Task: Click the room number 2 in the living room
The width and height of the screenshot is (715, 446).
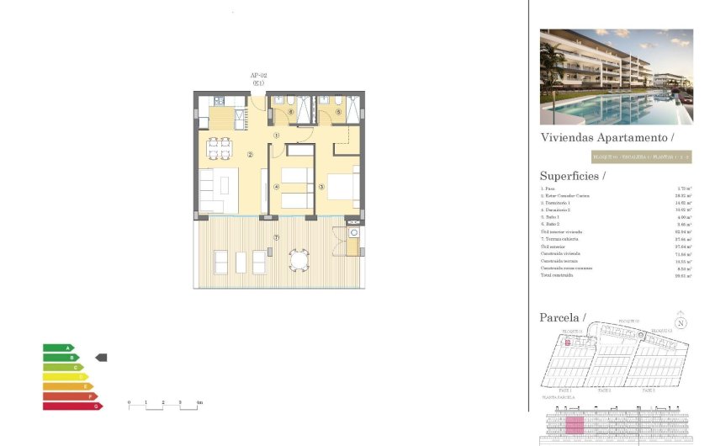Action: (250, 154)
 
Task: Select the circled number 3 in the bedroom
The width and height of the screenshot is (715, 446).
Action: (321, 187)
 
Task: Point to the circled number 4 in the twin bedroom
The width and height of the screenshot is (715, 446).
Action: (276, 187)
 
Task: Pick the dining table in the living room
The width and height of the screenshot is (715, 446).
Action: (219, 148)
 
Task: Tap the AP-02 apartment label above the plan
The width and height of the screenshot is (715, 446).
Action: (258, 76)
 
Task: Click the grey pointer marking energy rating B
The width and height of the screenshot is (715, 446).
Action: (101, 358)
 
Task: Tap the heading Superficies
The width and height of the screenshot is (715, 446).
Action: (572, 176)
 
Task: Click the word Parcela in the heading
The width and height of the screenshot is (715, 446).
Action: (560, 317)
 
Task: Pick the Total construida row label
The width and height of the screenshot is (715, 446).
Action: (556, 274)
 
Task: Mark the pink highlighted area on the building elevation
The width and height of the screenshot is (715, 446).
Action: (575, 425)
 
